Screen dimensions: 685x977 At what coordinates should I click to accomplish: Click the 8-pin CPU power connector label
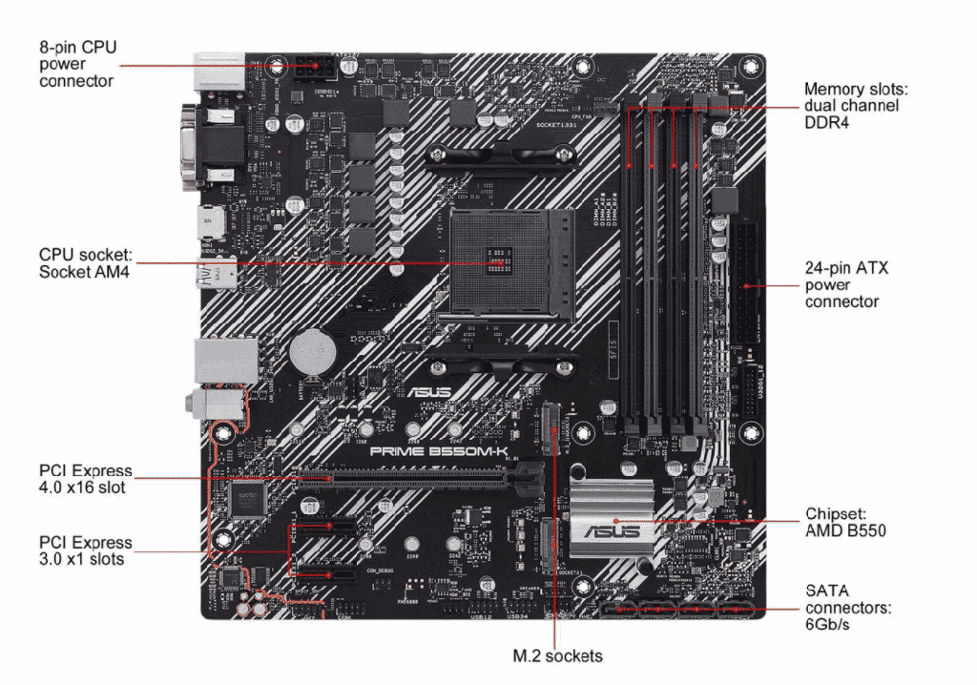[77, 63]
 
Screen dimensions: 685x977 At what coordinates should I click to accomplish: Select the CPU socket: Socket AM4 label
[84, 262]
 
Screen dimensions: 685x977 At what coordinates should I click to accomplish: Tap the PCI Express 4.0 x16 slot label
[84, 479]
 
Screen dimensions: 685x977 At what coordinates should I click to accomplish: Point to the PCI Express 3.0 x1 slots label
[84, 550]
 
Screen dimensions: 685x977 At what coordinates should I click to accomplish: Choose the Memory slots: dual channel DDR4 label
[856, 105]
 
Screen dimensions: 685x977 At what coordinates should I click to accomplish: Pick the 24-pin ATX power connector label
[845, 284]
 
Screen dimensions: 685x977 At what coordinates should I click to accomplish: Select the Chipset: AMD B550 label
[845, 521]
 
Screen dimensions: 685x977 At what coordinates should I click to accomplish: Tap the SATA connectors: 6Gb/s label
[847, 608]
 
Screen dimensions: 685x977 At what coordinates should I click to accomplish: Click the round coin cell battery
[310, 350]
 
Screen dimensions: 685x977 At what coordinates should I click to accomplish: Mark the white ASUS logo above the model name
[426, 392]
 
